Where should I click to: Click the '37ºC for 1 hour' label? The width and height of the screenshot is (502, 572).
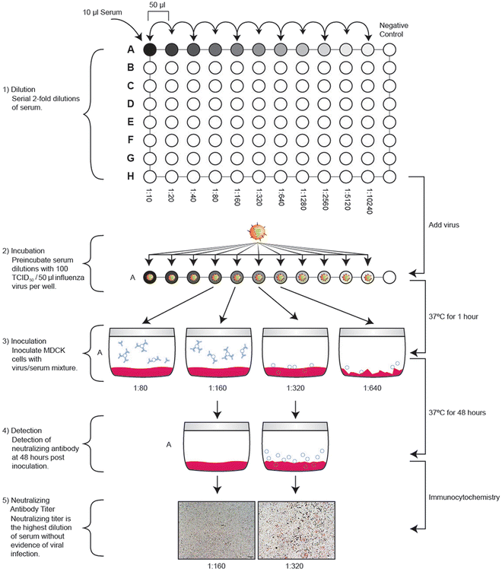click(456, 316)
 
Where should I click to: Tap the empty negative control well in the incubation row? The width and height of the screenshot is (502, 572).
click(390, 277)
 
